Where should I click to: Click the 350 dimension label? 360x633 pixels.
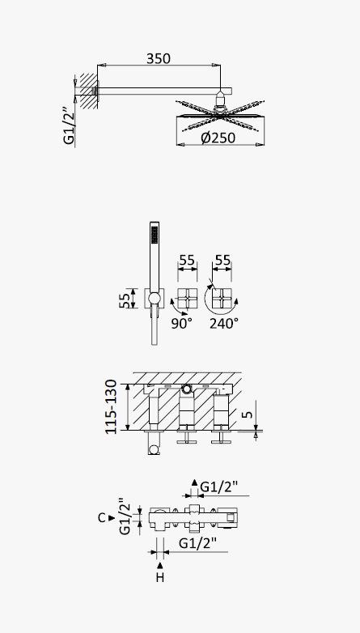(159, 59)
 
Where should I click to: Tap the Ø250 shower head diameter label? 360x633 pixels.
(218, 138)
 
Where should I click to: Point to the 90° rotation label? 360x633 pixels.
(181, 323)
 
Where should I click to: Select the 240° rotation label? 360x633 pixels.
(224, 323)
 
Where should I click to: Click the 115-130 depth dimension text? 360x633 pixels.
(111, 407)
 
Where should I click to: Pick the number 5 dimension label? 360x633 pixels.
(248, 414)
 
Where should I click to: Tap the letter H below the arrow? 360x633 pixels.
(160, 578)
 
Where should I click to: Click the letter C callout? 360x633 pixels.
(102, 518)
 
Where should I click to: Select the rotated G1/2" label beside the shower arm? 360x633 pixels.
(70, 126)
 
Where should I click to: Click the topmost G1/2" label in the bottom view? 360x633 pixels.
(219, 487)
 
